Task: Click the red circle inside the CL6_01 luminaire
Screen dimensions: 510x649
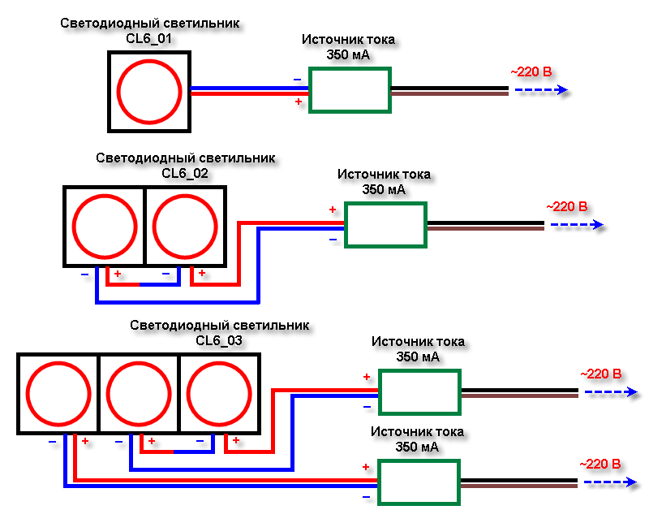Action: click(x=149, y=90)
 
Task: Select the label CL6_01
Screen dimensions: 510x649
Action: click(x=149, y=37)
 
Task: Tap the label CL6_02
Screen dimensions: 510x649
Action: click(x=185, y=172)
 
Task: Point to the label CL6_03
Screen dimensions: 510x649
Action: click(x=219, y=340)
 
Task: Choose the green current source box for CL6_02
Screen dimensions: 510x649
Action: click(x=385, y=225)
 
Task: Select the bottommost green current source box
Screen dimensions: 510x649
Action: click(x=419, y=482)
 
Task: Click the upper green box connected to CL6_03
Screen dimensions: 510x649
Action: click(x=419, y=392)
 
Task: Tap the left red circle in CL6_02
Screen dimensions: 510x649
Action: click(x=104, y=227)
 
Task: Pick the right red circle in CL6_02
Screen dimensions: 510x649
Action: click(x=185, y=227)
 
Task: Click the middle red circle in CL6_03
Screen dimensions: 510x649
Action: click(x=139, y=393)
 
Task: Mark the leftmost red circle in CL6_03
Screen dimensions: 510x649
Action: click(x=58, y=393)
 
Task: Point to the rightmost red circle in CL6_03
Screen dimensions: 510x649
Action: click(x=219, y=393)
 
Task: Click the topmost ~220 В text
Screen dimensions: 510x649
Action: click(x=531, y=72)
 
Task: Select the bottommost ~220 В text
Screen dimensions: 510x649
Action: click(x=600, y=464)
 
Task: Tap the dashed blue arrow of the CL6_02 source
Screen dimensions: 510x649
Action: click(x=576, y=225)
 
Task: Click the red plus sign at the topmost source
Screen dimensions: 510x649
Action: click(x=299, y=102)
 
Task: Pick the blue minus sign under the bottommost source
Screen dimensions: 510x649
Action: click(x=367, y=496)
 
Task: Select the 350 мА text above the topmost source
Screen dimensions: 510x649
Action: click(x=349, y=54)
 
